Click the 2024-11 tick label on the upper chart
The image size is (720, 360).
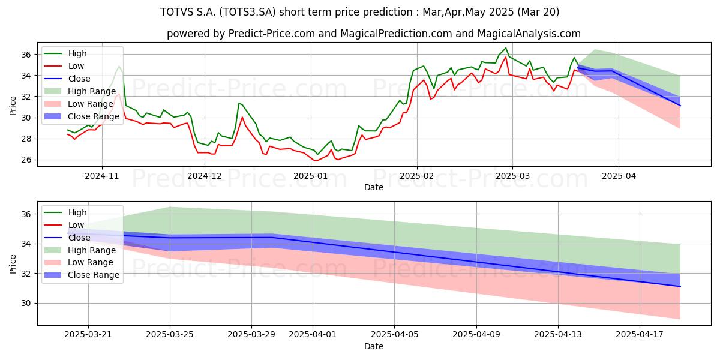pos(102,176)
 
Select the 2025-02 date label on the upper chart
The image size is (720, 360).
pos(417,176)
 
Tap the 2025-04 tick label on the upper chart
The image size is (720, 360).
pos(619,176)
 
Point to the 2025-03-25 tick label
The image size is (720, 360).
pos(170,335)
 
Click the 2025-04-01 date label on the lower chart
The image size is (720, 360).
pos(313,335)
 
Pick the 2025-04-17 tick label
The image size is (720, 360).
pos(640,335)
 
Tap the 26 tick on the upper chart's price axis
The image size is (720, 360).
pos(26,160)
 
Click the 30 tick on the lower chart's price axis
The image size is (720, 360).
pos(26,304)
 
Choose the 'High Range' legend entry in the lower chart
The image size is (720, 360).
pos(80,250)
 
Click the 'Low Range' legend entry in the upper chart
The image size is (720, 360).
pos(79,104)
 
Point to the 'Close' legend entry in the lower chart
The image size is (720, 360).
pos(67,238)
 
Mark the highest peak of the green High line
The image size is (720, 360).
pos(506,48)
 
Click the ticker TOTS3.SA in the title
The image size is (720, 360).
pos(247,12)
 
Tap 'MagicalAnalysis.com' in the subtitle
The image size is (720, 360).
pos(529,34)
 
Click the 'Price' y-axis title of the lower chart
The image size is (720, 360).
pos(13,264)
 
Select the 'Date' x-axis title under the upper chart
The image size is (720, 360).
pos(373,187)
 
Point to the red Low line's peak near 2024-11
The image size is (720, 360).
pos(119,94)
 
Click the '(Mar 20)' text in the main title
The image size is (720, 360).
pos(538,12)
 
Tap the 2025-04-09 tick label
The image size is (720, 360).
pos(476,335)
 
